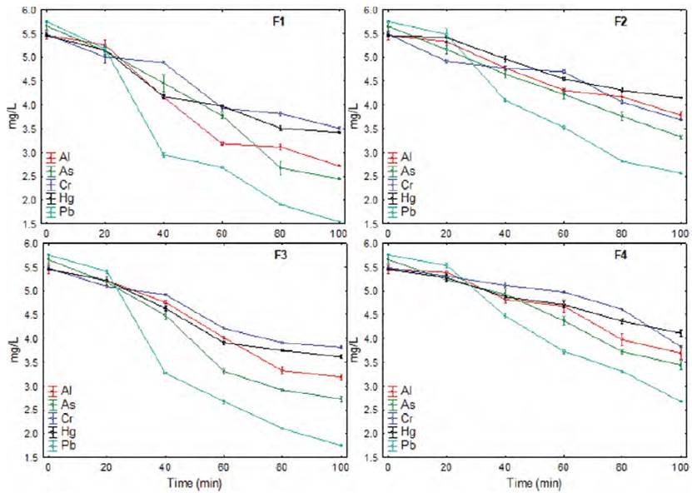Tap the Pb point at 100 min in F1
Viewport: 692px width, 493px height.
339,222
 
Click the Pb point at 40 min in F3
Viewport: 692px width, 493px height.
164,372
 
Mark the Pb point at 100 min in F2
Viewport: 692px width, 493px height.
680,173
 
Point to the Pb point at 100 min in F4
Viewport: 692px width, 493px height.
680,401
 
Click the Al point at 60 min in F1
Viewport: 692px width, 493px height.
222,144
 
